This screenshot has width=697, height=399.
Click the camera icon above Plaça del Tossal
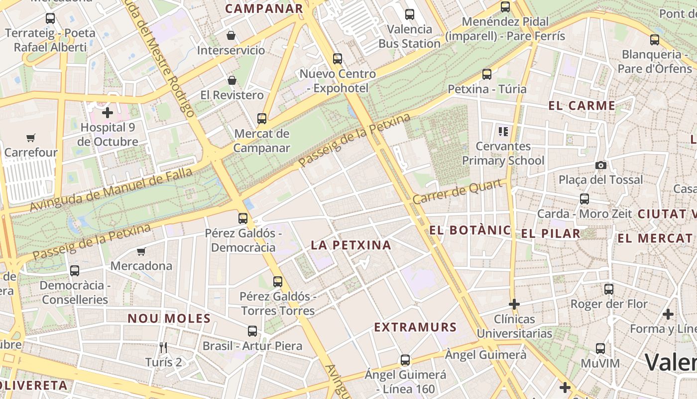click(x=601, y=165)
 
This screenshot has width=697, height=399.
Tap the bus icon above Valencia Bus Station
click(x=410, y=14)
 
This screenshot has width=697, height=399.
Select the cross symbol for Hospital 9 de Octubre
click(x=107, y=112)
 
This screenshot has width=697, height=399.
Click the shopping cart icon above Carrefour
click(x=31, y=138)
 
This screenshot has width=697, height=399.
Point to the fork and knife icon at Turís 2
click(x=163, y=347)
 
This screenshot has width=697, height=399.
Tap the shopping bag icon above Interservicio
click(x=231, y=35)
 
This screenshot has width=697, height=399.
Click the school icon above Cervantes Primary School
click(x=503, y=132)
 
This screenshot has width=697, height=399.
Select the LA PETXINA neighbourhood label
click(x=351, y=245)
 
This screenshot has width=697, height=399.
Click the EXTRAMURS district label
click(x=415, y=327)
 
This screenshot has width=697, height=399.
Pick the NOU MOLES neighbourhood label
click(x=169, y=318)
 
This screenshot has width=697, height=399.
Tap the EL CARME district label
click(x=581, y=106)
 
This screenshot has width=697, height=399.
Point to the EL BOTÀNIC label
click(x=470, y=230)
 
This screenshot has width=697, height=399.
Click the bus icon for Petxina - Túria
click(x=487, y=74)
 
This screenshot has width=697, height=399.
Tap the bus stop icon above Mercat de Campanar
click(x=262, y=119)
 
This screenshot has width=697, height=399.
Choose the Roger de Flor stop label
click(x=609, y=304)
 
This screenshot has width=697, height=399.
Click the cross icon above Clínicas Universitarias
click(x=514, y=304)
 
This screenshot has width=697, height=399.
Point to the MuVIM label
click(x=600, y=363)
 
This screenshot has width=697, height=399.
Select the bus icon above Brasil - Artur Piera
click(x=252, y=331)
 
